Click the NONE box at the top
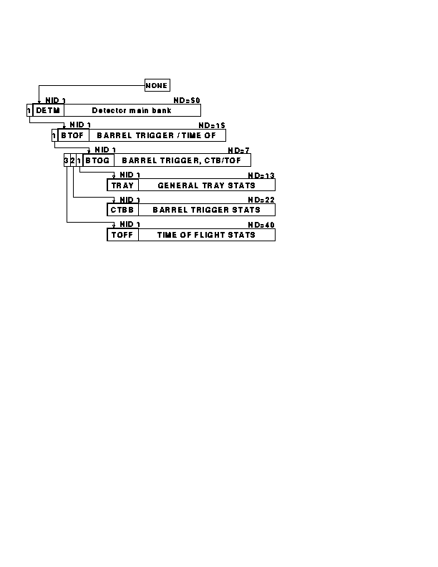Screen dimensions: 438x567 coord(157,85)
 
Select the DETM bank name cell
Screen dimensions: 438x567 coord(49,110)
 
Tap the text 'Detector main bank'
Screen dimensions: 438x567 coord(132,110)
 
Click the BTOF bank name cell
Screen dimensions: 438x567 coord(74,135)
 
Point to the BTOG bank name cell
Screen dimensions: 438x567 coord(98,160)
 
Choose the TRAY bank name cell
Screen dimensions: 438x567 coord(123,185)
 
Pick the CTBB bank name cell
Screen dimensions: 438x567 coord(123,210)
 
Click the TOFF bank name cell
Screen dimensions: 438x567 coord(123,235)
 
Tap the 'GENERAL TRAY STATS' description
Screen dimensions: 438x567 coord(206,185)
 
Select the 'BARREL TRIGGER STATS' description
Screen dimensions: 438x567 coord(206,210)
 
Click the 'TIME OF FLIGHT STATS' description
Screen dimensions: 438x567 coord(206,235)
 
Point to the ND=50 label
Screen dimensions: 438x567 coord(187,100)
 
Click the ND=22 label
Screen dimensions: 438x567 coord(261,200)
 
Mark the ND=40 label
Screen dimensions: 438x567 coord(261,225)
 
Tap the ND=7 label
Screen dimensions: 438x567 coord(238,150)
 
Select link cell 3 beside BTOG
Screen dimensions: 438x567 coord(67,160)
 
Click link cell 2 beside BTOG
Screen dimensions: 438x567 coord(72,160)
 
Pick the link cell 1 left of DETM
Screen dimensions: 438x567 coord(29,110)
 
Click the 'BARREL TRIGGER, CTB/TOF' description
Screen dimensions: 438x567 coord(181,160)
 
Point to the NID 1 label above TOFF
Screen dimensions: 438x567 coord(130,224)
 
